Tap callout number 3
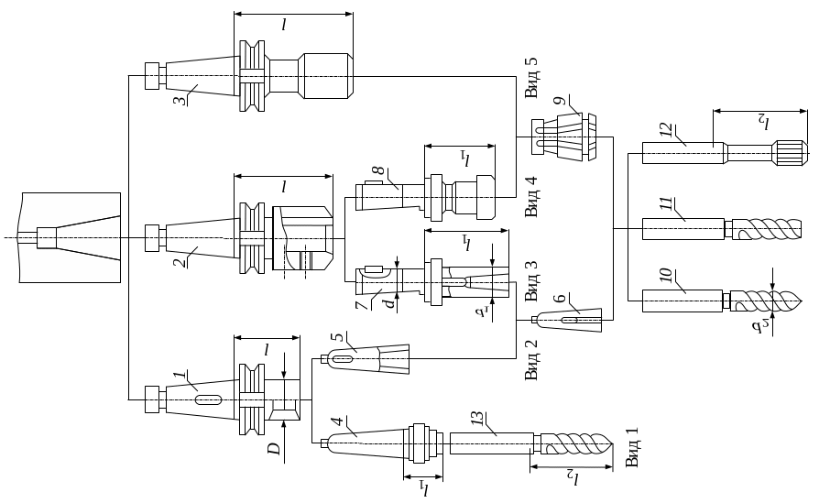(x=180, y=95)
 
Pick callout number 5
(x=337, y=339)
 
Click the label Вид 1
(x=632, y=446)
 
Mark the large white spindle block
(x=70, y=238)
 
